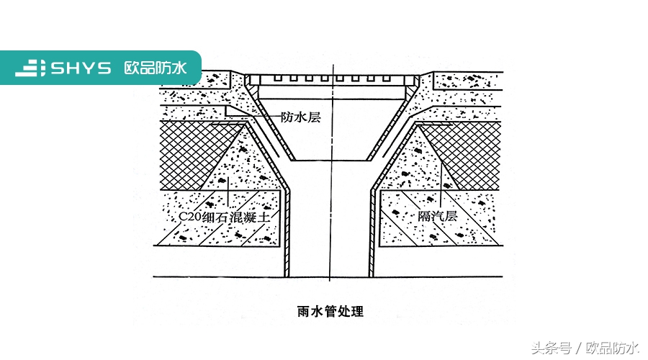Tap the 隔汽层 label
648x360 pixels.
pyautogui.click(x=438, y=216)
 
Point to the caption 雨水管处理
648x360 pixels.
pyautogui.click(x=330, y=312)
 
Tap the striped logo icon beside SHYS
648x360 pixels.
pyautogui.click(x=31, y=68)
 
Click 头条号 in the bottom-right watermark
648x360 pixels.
pyautogui.click(x=552, y=348)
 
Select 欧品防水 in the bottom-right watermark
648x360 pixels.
pyautogui.click(x=612, y=348)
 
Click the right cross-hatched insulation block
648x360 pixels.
pyautogui.click(x=468, y=151)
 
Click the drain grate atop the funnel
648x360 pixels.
pyautogui.click(x=331, y=77)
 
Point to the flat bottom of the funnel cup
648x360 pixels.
pyautogui.click(x=331, y=160)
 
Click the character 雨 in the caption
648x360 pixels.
pyautogui.click(x=302, y=312)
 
